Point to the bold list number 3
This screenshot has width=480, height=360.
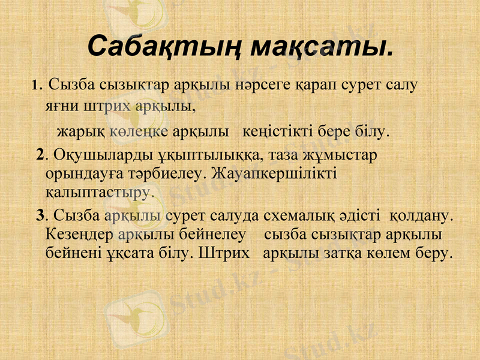click(40, 214)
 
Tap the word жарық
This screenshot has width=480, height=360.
click(81, 130)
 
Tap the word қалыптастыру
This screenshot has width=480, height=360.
click(100, 193)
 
